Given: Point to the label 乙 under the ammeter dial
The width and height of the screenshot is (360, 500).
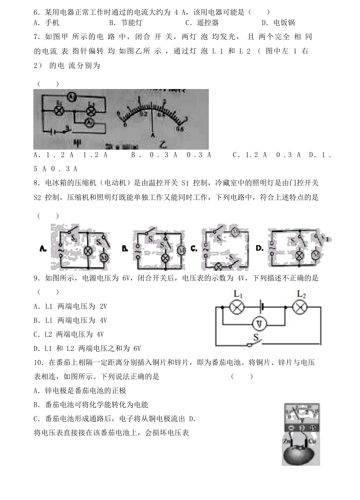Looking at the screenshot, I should [163, 144].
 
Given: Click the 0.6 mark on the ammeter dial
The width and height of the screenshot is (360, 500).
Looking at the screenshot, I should [179, 129].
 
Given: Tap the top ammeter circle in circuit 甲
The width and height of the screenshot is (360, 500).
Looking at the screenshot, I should [72, 97].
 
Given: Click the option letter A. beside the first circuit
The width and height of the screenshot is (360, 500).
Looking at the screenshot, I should [43, 249].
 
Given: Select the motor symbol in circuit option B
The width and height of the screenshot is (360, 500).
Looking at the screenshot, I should [182, 250].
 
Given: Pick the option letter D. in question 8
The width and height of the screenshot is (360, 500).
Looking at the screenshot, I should [260, 248].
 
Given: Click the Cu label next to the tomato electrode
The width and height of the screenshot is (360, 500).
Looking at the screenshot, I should [312, 442].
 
